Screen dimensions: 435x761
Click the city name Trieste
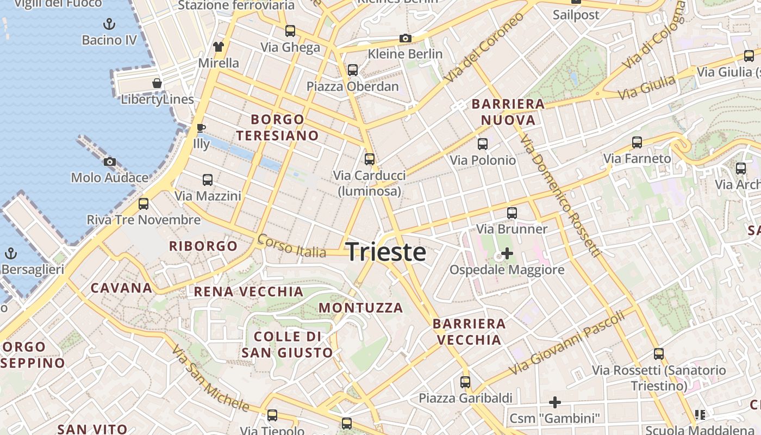(x=386, y=252)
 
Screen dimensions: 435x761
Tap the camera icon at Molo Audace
(x=110, y=161)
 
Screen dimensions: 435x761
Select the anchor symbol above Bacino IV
(x=110, y=24)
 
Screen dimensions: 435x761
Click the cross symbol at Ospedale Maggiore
(x=507, y=253)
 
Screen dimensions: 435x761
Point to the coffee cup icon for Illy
(x=201, y=128)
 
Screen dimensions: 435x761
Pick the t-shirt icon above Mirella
(x=219, y=47)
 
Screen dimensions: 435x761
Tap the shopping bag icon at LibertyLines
(x=157, y=83)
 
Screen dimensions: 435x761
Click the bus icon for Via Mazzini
(x=207, y=180)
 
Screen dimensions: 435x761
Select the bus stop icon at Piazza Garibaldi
(x=465, y=382)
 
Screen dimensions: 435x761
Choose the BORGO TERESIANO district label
(x=277, y=127)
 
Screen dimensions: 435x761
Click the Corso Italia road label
(x=292, y=246)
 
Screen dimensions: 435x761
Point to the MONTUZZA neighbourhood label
(x=361, y=308)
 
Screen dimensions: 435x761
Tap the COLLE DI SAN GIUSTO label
(x=287, y=345)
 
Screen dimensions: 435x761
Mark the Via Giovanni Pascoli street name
(x=568, y=344)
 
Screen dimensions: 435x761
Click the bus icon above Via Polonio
(x=482, y=144)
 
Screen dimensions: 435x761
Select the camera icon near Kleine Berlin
(x=405, y=38)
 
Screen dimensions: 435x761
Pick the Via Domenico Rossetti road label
(x=560, y=196)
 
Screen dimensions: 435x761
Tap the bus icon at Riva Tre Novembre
(x=144, y=204)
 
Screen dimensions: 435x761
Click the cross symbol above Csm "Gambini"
(x=554, y=402)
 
